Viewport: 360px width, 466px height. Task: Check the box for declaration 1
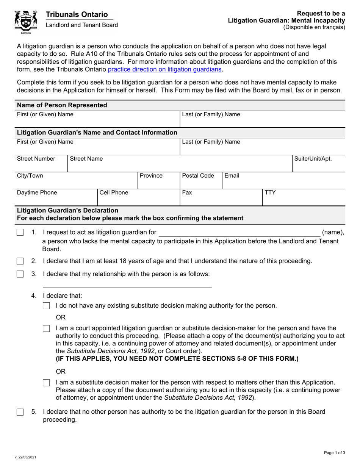click(20, 233)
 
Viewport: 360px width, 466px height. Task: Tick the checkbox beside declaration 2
click(20, 261)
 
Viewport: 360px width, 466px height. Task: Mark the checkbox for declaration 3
click(20, 274)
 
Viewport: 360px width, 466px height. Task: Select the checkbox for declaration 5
click(20, 412)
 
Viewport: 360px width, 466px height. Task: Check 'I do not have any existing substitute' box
click(46, 306)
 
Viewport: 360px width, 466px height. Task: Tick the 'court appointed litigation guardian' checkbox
click(46, 328)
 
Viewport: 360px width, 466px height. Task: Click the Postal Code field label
click(198, 176)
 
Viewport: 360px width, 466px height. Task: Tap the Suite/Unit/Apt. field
click(318, 163)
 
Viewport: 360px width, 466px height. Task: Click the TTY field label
click(270, 192)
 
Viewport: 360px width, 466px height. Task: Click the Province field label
click(151, 176)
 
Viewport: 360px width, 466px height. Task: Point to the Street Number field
click(42, 163)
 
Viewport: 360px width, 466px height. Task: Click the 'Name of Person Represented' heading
click(62, 105)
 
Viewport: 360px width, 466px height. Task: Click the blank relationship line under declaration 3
click(127, 284)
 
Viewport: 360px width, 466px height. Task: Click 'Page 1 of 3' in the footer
click(334, 453)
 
